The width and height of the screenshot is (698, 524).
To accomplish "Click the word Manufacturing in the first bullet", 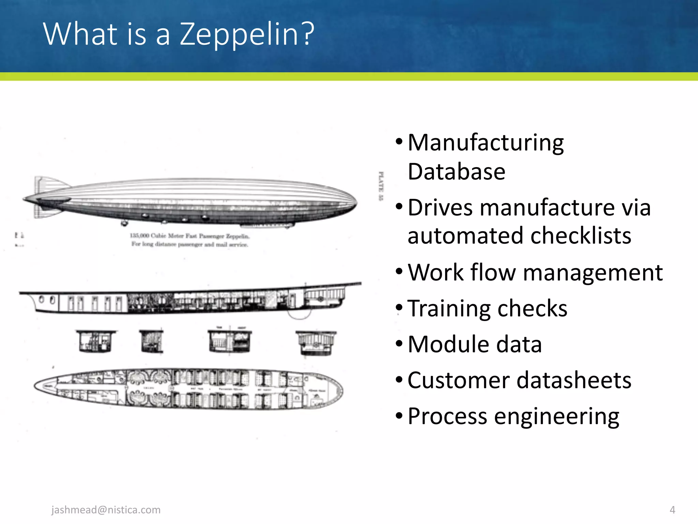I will coord(486,143).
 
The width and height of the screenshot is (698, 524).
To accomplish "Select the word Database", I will coord(456,172).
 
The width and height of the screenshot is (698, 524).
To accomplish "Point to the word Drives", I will coord(440,207).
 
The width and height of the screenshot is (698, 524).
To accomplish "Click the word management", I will coord(593,273).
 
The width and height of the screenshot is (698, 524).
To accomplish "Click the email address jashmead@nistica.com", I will coord(106,510).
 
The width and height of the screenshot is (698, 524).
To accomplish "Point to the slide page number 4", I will coord(672,510).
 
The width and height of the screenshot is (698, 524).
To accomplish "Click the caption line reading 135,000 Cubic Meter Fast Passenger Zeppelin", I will coord(190,236).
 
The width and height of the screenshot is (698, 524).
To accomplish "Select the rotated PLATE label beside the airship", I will coord(381,186).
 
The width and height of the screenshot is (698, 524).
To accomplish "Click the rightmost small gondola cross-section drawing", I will coord(316,343).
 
